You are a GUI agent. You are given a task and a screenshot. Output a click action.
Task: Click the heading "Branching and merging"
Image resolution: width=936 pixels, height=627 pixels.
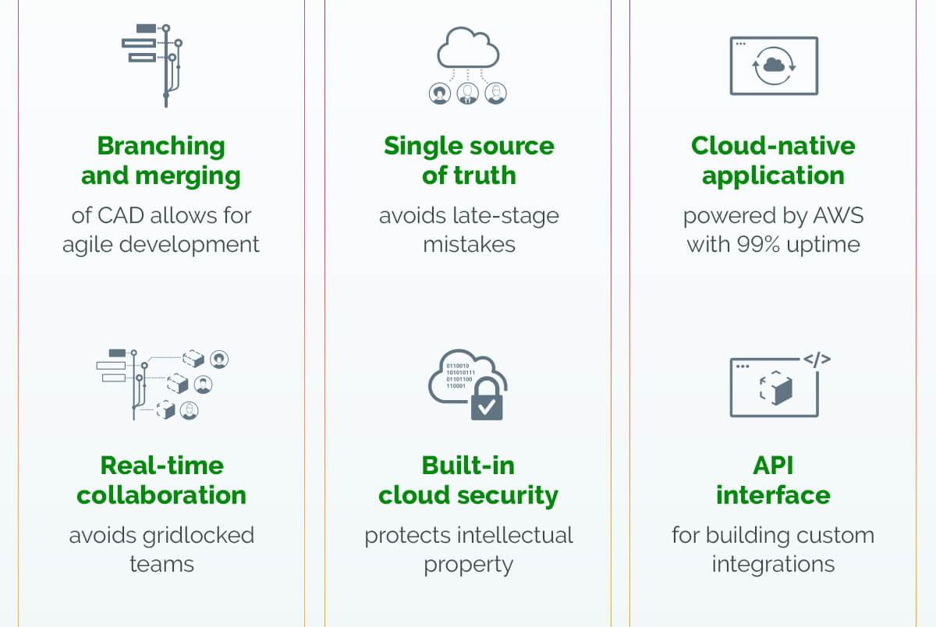click(x=161, y=161)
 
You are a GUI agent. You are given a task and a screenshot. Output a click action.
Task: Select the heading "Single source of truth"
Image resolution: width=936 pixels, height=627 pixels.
click(x=469, y=161)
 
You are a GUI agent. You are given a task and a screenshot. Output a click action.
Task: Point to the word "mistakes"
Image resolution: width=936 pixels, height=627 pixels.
click(x=469, y=244)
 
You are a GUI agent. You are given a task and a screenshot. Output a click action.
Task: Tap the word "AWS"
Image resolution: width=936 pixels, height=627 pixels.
click(x=838, y=214)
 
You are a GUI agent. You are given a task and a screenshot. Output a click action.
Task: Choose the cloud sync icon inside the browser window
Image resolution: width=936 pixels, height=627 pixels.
click(x=774, y=66)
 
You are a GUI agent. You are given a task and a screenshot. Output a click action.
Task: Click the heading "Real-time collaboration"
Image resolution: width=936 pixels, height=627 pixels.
click(x=161, y=480)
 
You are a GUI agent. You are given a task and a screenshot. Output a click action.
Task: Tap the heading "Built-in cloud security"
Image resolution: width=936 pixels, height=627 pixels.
click(x=469, y=480)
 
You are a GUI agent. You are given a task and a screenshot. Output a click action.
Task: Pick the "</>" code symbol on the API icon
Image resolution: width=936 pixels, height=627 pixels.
click(x=817, y=360)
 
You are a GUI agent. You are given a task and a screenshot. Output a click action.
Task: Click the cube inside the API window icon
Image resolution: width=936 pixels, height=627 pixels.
click(x=775, y=388)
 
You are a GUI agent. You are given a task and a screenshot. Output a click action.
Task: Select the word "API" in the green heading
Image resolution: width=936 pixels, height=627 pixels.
click(x=773, y=466)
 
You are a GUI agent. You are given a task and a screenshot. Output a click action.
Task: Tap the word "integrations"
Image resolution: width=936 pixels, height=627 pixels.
click(x=773, y=564)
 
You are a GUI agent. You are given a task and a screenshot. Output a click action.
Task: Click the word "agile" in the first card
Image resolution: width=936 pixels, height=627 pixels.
click(x=87, y=244)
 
